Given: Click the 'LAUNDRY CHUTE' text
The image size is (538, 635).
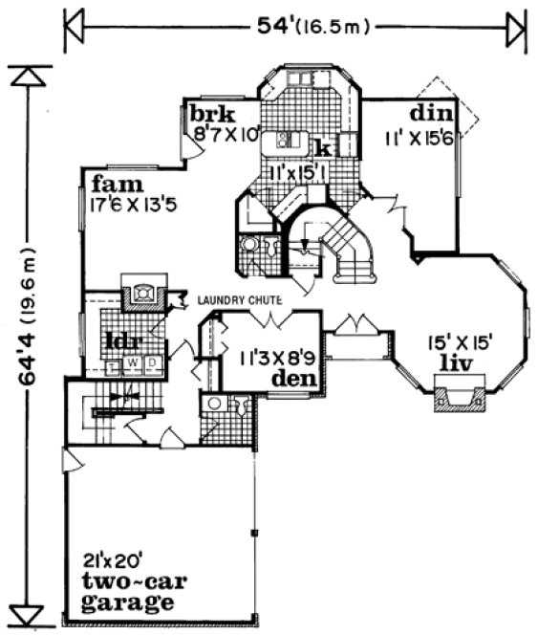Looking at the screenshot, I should coord(239,300).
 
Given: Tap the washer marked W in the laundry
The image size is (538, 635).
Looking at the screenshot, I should coord(132,362).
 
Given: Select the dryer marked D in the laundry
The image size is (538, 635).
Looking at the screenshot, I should coord(150,362).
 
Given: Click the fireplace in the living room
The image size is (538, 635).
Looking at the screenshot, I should coord(459,396).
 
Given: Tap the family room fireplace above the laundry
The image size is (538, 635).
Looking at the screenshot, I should coord(141,288).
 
